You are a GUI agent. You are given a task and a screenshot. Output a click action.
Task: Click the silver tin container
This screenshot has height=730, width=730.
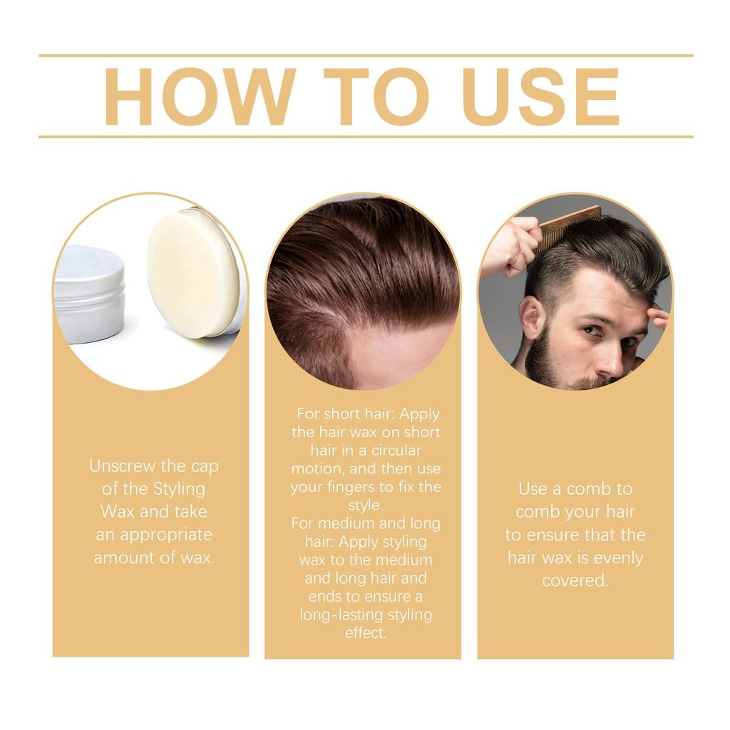pyautogui.click(x=88, y=292)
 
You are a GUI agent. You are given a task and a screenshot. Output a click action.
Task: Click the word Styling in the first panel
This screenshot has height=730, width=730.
pyautogui.click(x=179, y=489)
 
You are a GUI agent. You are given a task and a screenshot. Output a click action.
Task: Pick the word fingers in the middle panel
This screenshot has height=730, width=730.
pyautogui.click(x=366, y=488)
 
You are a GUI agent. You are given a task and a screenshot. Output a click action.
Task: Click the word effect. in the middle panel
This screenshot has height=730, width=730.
pyautogui.click(x=366, y=633)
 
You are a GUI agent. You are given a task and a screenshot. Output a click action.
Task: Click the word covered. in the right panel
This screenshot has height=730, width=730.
pyautogui.click(x=575, y=580)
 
